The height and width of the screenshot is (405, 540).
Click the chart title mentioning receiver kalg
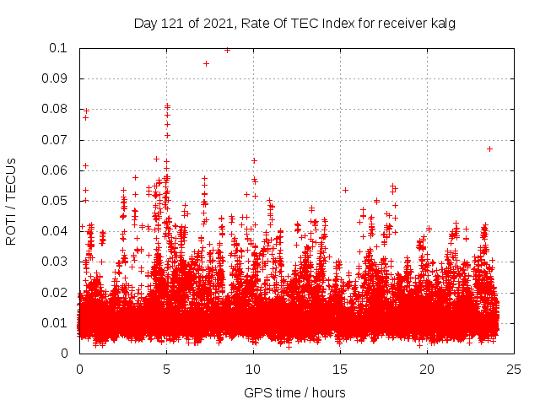(294, 23)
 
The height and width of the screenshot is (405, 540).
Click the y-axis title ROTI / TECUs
(11, 202)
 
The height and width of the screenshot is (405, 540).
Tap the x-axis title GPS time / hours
(294, 392)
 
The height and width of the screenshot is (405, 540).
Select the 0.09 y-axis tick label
(56, 78)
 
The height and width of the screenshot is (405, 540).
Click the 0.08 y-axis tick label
(56, 109)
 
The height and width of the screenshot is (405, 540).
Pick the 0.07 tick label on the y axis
(56, 140)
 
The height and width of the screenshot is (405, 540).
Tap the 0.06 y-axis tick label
(56, 170)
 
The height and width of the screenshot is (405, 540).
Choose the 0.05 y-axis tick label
(56, 201)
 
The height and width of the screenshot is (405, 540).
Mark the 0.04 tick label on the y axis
(56, 231)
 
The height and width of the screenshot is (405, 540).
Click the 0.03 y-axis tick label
(56, 262)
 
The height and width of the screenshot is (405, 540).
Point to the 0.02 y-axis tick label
(56, 293)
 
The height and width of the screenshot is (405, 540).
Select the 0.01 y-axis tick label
(56, 323)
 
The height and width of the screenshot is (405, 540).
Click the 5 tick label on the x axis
(166, 369)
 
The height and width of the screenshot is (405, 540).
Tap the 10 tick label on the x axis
(253, 369)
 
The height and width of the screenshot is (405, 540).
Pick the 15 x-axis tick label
(340, 369)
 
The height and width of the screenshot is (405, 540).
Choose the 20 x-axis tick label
(427, 369)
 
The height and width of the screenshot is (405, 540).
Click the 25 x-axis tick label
(514, 369)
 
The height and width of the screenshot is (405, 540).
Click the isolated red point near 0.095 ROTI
(206, 63)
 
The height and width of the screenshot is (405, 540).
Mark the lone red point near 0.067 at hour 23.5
(489, 148)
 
